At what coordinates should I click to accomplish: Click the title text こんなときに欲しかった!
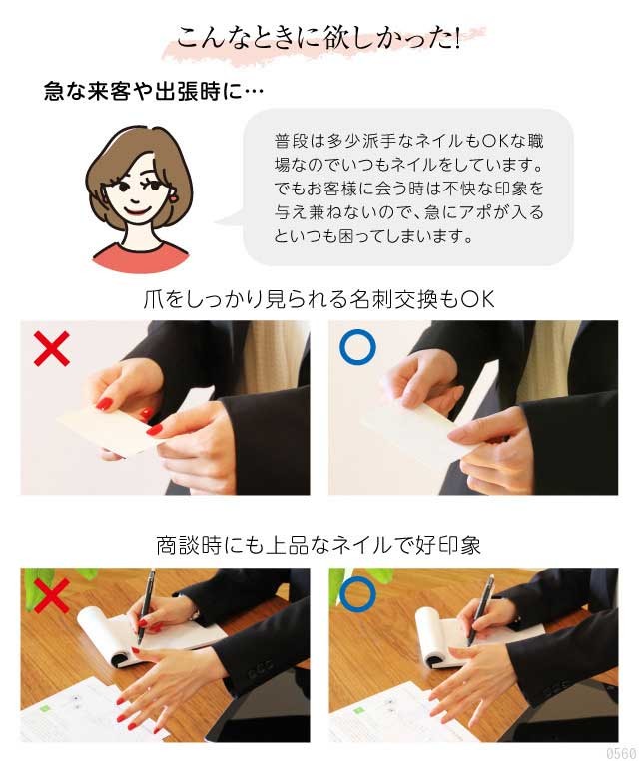(x=319, y=38)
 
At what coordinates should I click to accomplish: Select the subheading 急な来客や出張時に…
(x=154, y=91)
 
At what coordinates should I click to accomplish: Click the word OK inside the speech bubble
(x=494, y=142)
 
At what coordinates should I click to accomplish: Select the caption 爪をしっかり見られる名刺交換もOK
(x=319, y=299)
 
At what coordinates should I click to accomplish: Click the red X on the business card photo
(x=52, y=348)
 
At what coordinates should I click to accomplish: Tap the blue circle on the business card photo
(x=357, y=347)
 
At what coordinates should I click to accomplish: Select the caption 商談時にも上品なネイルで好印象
(x=319, y=545)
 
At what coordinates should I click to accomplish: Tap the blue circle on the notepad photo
(x=357, y=594)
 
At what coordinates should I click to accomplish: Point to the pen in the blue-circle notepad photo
(x=481, y=610)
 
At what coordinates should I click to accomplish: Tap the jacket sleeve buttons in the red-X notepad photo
(x=260, y=674)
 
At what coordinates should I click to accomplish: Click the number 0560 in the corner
(x=621, y=753)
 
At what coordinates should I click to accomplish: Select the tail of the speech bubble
(x=230, y=218)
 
